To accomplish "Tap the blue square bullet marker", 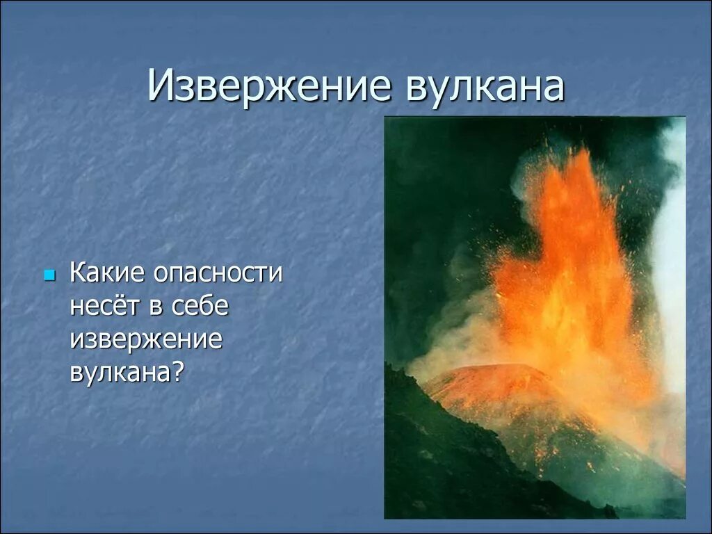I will (49, 276).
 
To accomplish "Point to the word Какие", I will (108, 273).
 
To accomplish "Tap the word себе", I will (200, 306).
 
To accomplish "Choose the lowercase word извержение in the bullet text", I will (146, 339).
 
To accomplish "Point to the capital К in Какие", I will (77, 273).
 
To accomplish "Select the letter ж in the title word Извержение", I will (273, 87).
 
